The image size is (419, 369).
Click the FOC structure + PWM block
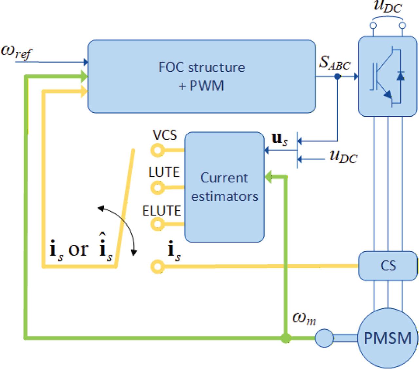click(202, 76)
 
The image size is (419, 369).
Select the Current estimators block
click(224, 187)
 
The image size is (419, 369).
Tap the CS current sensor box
click(388, 265)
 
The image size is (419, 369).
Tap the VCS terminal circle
click(157, 150)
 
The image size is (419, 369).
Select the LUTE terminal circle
click(157, 188)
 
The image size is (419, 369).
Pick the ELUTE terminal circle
click(157, 224)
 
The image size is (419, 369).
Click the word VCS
click(165, 135)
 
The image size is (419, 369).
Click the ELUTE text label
click(162, 211)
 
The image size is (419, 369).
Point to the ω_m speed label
click(304, 319)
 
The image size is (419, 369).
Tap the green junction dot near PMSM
click(286, 338)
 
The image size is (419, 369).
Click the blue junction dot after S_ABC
click(337, 77)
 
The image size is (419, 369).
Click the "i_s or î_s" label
click(80, 250)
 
